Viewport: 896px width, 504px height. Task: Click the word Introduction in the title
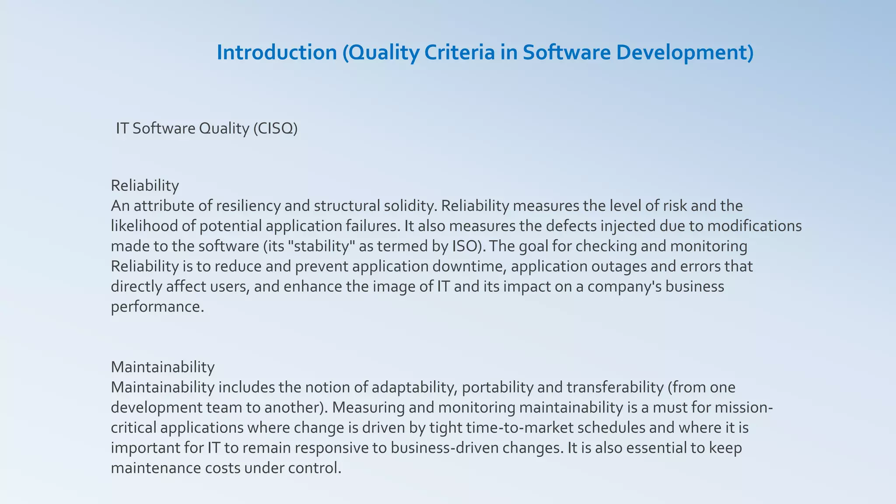276,52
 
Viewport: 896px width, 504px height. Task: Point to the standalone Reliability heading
145,185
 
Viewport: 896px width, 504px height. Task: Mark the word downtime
467,266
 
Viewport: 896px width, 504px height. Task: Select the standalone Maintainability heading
163,367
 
